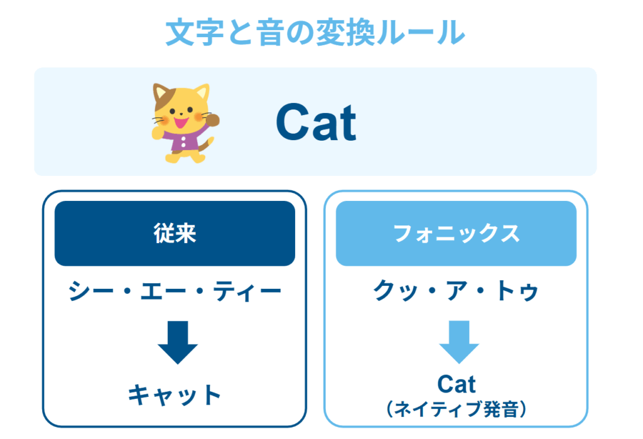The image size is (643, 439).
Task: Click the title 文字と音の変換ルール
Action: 315,33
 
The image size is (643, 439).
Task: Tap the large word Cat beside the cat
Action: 315,122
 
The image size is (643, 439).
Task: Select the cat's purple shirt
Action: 182,141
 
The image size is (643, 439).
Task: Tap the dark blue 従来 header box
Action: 175,233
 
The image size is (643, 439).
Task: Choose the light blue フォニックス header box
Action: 456,233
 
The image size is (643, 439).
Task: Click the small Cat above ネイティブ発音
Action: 457,384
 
